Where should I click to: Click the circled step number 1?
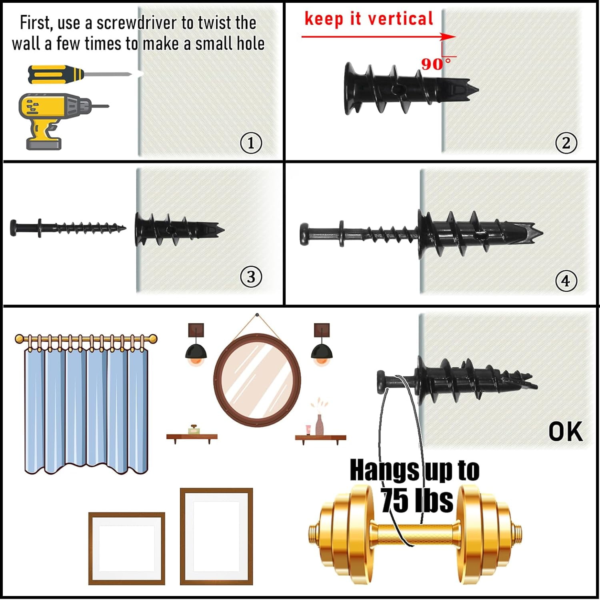coord(251,143)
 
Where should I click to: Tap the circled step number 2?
coord(566,143)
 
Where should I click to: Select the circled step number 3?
coord(251,277)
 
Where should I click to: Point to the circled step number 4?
coord(566,281)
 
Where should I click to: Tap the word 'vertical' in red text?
coord(400,19)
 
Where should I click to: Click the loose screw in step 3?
coord(68,228)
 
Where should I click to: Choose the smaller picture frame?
coord(126,548)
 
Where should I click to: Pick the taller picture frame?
coord(216,536)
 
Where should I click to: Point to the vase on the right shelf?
coord(319,425)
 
